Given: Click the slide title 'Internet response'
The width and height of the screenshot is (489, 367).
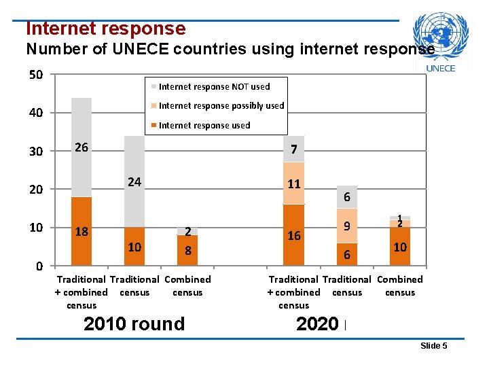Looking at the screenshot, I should tap(105, 29).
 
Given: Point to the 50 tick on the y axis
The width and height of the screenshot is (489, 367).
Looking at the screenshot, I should tap(36, 74).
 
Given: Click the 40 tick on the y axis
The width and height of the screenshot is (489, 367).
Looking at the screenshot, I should tap(36, 113).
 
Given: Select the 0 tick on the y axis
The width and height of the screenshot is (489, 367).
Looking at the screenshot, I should tap(40, 266).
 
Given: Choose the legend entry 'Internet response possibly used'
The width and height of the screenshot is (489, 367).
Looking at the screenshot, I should tap(221, 105).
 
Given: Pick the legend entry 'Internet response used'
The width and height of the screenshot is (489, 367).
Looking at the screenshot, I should tap(204, 125).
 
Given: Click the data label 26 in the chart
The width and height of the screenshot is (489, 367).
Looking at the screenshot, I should tap(81, 147).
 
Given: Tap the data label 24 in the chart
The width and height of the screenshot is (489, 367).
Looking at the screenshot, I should tap(134, 182).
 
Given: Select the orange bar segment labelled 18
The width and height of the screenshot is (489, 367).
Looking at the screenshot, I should tap(81, 232).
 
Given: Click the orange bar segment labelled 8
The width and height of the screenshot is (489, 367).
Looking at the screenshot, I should tap(187, 251).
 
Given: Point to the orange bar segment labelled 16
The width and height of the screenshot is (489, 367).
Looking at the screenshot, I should tap(293, 235).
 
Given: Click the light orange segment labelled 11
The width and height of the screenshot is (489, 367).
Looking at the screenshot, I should tap(293, 183).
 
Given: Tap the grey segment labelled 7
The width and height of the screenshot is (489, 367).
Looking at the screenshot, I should tap(293, 150).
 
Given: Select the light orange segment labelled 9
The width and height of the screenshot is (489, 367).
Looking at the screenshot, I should tap(346, 226).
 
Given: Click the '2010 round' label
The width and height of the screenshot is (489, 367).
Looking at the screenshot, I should tap(134, 324).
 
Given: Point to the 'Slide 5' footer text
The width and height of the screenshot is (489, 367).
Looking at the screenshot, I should tap(433, 346).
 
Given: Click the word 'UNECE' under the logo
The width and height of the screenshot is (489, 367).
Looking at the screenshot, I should tap(440, 68).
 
